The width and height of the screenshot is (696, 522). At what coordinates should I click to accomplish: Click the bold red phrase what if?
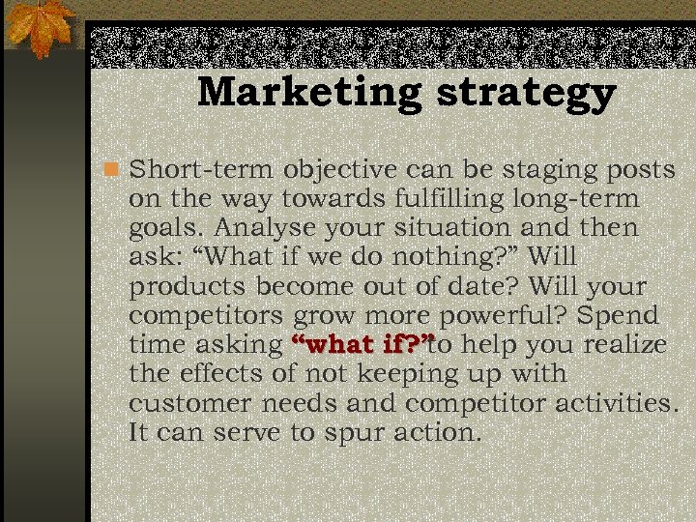(x=361, y=344)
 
